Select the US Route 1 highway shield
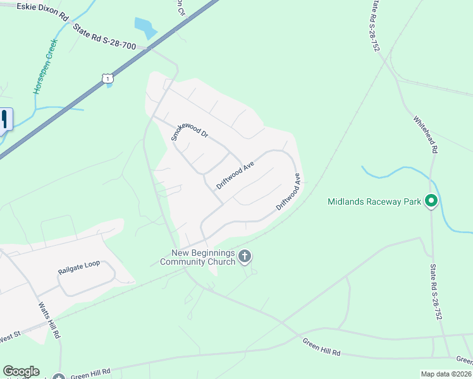coord(107,78)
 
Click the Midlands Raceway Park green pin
coord(431,202)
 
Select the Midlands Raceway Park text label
coord(374,202)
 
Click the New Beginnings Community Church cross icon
coord(245,256)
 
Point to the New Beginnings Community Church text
coord(199,257)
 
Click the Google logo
coord(21,371)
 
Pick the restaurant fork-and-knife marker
coord(4,119)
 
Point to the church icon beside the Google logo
coord(59,377)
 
